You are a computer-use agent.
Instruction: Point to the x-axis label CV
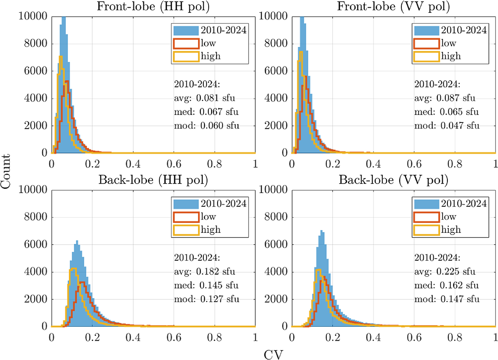[273, 353]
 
